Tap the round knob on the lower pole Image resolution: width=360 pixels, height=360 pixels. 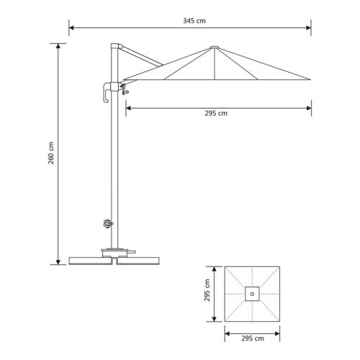click(108, 224)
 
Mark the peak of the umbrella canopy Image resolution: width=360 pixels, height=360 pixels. click(212, 48)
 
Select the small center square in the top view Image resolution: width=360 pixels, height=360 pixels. click(253, 293)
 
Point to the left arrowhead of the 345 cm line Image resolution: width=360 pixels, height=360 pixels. click(71, 29)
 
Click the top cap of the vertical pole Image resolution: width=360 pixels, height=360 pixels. click(113, 46)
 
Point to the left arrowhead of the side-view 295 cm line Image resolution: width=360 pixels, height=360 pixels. click(128, 108)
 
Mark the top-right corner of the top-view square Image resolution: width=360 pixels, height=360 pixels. click(282, 266)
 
